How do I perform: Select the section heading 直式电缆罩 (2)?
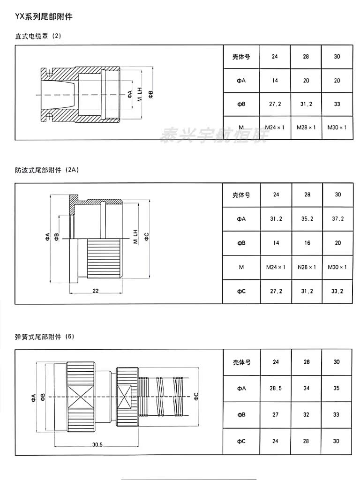pos(38,36)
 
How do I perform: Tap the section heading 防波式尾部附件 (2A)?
pos(46,170)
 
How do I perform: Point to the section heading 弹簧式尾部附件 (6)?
pos(45,337)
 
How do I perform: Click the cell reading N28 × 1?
pos(307,267)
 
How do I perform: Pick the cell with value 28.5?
pos(275,388)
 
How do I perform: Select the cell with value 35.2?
pos(307,218)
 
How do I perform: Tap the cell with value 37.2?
pos(337,218)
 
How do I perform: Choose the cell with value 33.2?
pos(337,291)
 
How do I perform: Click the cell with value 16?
pos(307,243)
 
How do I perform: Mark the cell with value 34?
pos(307,388)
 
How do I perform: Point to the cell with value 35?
pos(337,388)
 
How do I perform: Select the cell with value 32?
pos(307,414)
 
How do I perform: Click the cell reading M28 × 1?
pos(306,127)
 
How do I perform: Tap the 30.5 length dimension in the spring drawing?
pos(97,444)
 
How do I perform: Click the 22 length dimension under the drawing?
pos(95,291)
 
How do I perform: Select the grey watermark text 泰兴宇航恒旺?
pos(214,135)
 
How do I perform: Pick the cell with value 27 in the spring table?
pos(275,414)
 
